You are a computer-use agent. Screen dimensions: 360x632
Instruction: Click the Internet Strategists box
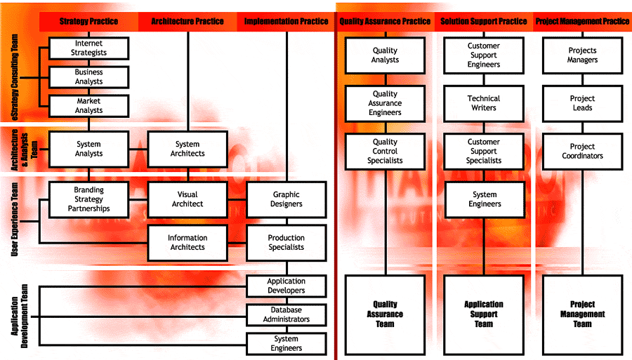pos(88,48)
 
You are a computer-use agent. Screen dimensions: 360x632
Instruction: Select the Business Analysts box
pos(88,76)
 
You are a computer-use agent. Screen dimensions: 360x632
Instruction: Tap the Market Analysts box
pos(88,106)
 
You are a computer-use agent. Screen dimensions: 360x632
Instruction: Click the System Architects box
pos(187,149)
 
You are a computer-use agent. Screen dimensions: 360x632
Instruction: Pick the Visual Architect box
pos(187,199)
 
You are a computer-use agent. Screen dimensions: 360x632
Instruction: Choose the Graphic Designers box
pos(286,199)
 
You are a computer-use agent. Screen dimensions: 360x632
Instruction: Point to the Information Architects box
pos(187,243)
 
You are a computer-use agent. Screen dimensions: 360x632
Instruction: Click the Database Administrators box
pos(286,315)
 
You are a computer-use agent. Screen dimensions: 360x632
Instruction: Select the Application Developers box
pos(286,286)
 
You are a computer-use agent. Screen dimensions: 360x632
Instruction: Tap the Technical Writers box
pos(484,103)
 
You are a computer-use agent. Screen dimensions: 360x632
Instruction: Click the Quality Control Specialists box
pos(385,151)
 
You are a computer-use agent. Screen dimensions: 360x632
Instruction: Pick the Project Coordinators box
pos(582,151)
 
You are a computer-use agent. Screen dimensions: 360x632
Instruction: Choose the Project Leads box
pos(582,103)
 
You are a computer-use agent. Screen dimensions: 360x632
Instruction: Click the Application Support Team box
pos(484,314)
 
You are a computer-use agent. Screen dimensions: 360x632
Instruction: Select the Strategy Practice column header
pos(88,21)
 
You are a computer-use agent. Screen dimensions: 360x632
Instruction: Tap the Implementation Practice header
pos(286,21)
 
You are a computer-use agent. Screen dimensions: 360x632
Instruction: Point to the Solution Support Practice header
pos(484,21)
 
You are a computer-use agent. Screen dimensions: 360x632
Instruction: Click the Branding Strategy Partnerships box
pos(88,199)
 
